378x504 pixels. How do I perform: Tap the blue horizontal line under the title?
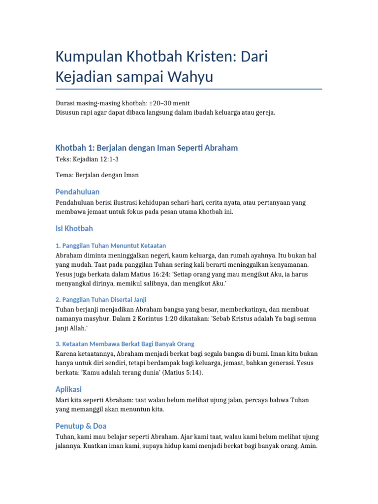click(189, 89)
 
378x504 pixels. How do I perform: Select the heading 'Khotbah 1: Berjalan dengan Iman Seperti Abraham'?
click(147, 148)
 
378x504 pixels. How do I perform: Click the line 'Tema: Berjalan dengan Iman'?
click(97, 175)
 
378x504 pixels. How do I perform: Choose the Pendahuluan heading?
click(77, 191)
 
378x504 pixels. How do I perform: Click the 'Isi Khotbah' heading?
click(74, 228)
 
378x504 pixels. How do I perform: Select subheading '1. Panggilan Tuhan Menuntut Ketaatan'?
click(111, 245)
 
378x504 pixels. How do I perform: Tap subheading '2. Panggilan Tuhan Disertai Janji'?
click(101, 299)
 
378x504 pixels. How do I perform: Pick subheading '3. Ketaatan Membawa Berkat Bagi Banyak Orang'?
click(125, 344)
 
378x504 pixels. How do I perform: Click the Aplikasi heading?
click(68, 389)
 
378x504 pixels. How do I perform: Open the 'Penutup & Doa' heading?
click(81, 426)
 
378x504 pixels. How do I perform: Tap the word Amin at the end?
click(309, 446)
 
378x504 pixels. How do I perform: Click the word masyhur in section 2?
click(109, 318)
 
